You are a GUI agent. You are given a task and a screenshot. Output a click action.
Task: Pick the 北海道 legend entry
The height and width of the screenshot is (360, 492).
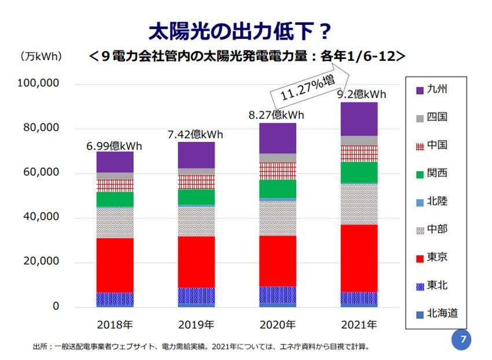[436, 313]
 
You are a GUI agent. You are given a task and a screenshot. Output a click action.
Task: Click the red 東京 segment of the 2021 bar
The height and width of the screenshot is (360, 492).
[359, 258]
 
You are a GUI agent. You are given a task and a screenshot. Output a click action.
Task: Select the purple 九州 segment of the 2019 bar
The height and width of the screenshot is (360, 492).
[196, 155]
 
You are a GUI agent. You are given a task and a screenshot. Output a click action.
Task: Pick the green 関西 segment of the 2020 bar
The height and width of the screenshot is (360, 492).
[277, 189]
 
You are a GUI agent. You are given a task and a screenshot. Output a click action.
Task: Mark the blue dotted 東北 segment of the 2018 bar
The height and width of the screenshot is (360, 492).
[115, 299]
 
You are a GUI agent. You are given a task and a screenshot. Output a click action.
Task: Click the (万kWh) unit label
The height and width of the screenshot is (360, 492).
[41, 57]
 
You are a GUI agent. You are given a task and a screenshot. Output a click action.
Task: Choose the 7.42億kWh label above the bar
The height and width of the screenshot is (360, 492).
[196, 135]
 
